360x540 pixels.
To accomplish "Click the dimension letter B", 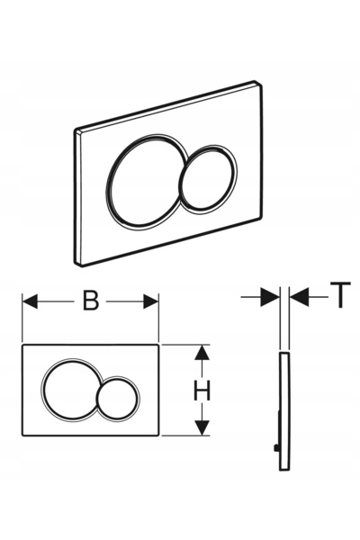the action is pyautogui.click(x=91, y=301).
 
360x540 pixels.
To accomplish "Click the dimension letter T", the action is pyautogui.click(x=340, y=295).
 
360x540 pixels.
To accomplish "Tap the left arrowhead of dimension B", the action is pyautogui.click(x=30, y=301).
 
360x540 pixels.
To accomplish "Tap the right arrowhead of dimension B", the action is pyautogui.click(x=151, y=301).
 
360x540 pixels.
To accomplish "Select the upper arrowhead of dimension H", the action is pyautogui.click(x=202, y=352).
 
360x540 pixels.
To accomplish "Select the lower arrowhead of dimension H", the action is pyautogui.click(x=202, y=428).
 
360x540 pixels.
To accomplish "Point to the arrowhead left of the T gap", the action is pyautogui.click(x=270, y=297).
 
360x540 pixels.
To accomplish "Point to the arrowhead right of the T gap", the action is pyautogui.click(x=299, y=297).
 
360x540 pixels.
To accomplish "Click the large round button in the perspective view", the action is pyautogui.click(x=146, y=181).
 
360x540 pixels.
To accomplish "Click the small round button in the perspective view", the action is pyautogui.click(x=208, y=179).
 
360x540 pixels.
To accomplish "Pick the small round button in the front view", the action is pyautogui.click(x=118, y=399).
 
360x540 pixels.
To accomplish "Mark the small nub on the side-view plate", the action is pyautogui.click(x=275, y=448).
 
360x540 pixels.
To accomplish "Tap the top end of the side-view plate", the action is pyautogui.click(x=284, y=354).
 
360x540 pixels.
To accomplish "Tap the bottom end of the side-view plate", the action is pyautogui.click(x=284, y=469).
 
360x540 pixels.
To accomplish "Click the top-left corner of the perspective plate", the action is pyautogui.click(x=76, y=130).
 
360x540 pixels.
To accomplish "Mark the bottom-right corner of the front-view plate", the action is pyautogui.click(x=158, y=435).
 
